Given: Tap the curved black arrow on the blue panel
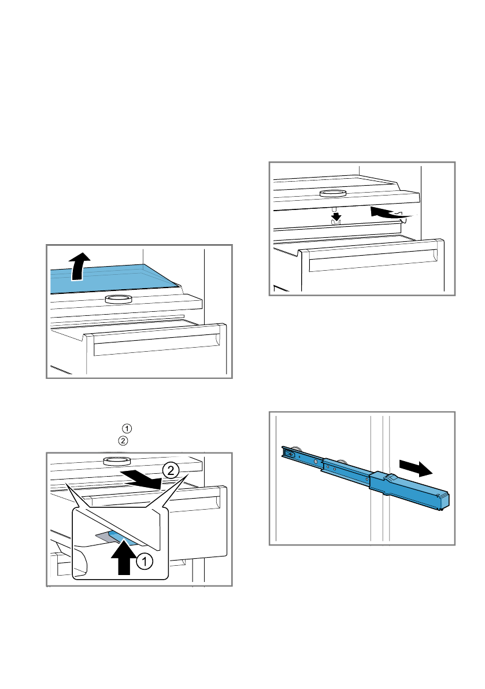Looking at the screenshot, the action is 79,266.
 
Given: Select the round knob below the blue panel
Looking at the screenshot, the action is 119,299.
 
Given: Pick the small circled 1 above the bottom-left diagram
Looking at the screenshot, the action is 127,429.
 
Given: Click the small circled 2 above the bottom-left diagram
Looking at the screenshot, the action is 123,441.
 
